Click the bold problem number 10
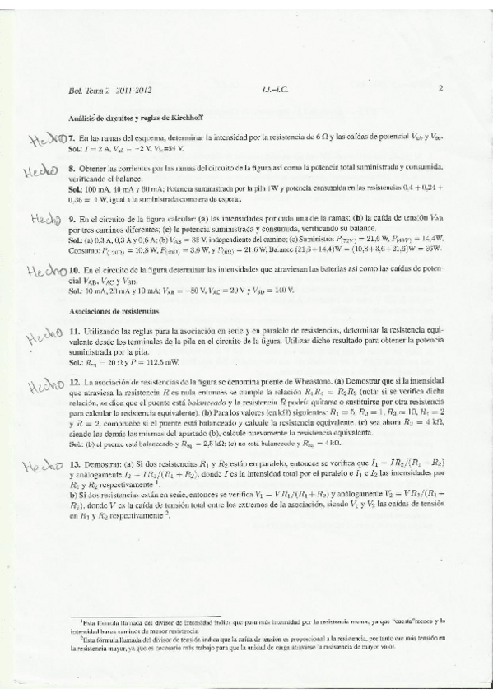74,269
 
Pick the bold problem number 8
72,167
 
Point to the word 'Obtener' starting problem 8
96,167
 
